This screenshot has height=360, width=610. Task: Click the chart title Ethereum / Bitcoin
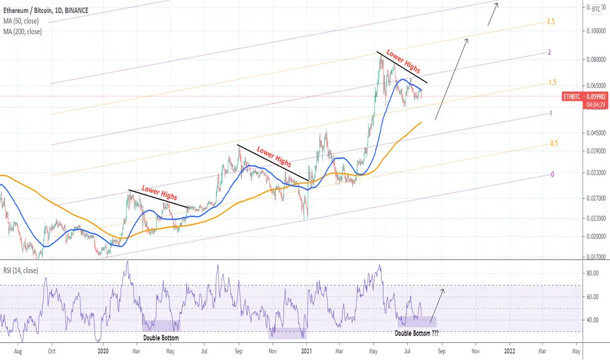(x=27, y=10)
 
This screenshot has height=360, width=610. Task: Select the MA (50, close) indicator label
(x=21, y=21)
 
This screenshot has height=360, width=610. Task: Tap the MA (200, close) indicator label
(x=22, y=31)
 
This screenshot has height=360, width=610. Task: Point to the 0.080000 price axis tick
(x=596, y=60)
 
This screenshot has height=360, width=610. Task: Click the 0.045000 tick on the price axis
(x=596, y=133)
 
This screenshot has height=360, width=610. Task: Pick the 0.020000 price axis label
(x=596, y=236)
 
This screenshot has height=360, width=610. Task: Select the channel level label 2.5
(x=551, y=22)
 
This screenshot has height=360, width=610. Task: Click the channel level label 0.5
(x=554, y=143)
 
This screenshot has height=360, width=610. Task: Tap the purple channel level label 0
(x=552, y=174)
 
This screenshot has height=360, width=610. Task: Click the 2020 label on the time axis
(x=103, y=351)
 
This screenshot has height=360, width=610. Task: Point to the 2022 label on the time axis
(x=510, y=351)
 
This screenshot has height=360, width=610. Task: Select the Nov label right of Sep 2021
(x=475, y=351)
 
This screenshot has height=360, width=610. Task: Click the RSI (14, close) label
(x=21, y=270)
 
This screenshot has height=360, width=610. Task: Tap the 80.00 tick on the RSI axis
(x=592, y=273)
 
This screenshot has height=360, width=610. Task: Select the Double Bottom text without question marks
(x=161, y=338)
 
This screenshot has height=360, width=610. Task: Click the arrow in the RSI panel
(x=437, y=306)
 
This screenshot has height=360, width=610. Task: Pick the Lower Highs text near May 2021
(x=403, y=62)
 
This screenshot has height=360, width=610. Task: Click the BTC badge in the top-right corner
(x=596, y=9)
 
